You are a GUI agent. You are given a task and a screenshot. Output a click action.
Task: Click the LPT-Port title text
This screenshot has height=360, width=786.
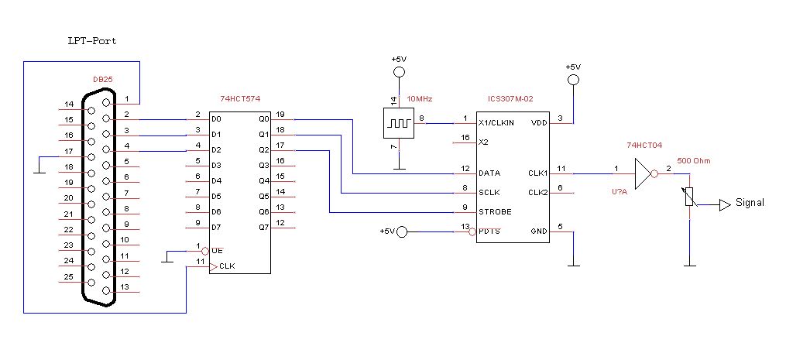(x=91, y=40)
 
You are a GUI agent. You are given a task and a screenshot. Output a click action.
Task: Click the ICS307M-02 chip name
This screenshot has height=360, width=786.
(x=510, y=98)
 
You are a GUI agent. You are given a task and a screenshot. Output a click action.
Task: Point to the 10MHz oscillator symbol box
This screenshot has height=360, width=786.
(x=398, y=123)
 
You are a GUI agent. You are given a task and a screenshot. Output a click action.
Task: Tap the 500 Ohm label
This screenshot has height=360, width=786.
(x=693, y=160)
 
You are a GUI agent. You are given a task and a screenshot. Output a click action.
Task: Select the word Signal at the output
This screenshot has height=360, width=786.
(x=750, y=203)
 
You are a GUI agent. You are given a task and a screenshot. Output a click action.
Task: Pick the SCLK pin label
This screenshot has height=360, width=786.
(x=489, y=191)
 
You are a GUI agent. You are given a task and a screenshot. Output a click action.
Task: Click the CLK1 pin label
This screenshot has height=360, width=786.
(x=537, y=173)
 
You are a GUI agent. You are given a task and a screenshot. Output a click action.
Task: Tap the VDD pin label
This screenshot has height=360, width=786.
(x=538, y=123)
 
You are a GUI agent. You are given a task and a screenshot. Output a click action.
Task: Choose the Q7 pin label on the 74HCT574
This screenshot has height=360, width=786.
(x=264, y=228)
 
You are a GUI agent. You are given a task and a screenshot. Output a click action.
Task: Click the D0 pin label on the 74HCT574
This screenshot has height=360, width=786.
(x=216, y=119)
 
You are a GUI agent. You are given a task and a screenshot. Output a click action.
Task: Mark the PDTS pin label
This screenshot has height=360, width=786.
(x=489, y=231)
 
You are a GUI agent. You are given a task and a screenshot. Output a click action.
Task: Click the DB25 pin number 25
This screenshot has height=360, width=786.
(x=68, y=276)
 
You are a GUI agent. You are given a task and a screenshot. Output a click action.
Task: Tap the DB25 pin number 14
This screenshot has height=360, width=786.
(x=68, y=105)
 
